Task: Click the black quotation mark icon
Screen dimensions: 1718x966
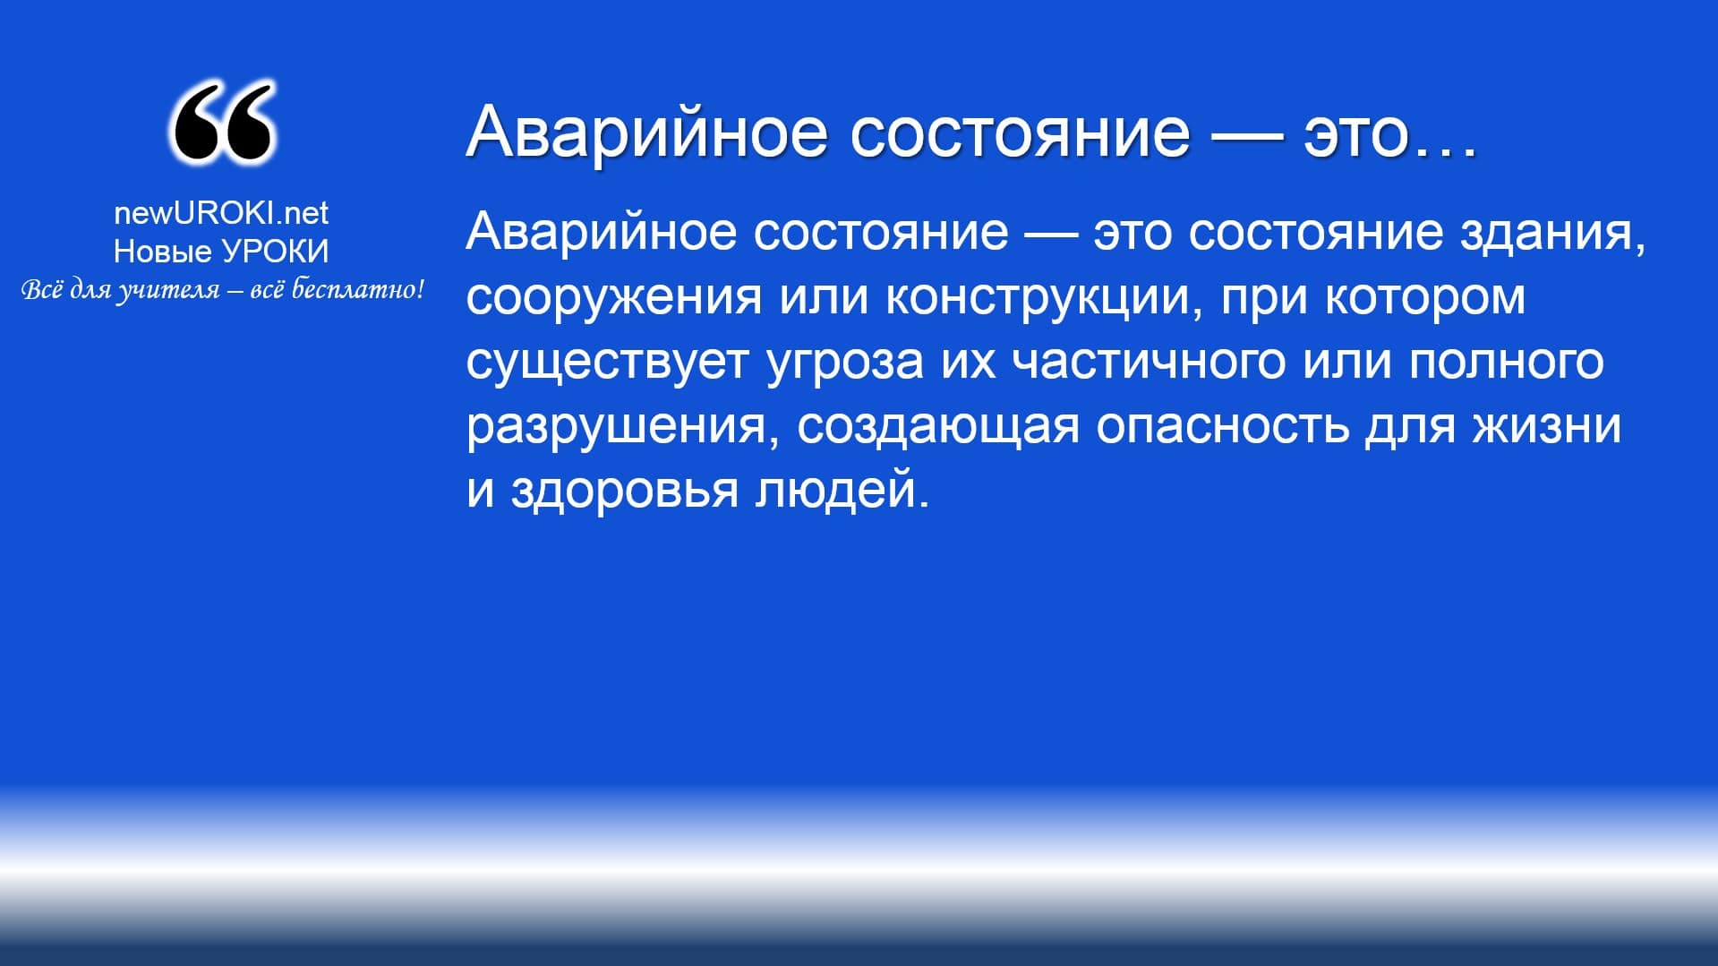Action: click(x=221, y=123)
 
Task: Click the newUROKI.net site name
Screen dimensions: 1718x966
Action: click(x=221, y=213)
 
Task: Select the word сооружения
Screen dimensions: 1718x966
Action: click(x=614, y=298)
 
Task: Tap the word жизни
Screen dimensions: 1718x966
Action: click(x=1547, y=426)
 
